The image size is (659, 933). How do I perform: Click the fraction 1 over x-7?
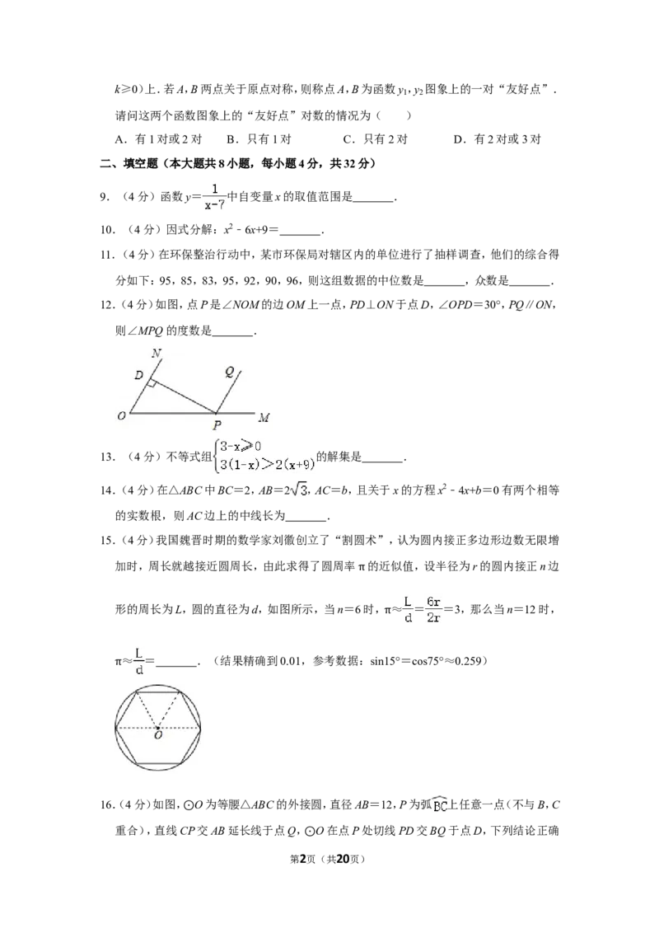[x=214, y=195]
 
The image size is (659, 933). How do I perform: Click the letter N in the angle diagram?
[x=157, y=354]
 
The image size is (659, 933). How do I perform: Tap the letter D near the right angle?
[x=138, y=376]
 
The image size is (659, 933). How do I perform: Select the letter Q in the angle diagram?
[x=230, y=373]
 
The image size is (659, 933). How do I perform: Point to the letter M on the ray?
[x=264, y=417]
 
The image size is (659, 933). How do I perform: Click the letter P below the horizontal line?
[x=215, y=425]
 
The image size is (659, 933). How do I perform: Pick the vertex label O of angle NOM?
[x=121, y=416]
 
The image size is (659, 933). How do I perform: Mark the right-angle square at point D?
[x=152, y=383]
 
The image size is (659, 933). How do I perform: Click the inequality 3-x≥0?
[x=240, y=446]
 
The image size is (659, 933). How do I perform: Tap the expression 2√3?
[x=296, y=490]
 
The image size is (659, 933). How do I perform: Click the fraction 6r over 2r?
[x=434, y=610]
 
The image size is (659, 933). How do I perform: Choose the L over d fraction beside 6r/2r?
[x=409, y=610]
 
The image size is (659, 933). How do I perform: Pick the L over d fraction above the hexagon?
[x=139, y=661]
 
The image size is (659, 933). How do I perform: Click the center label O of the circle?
[x=157, y=736]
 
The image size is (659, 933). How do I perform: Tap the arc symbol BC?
[x=439, y=806]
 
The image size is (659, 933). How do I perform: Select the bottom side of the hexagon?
[x=157, y=763]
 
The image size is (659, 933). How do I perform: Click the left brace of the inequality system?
[x=215, y=454]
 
